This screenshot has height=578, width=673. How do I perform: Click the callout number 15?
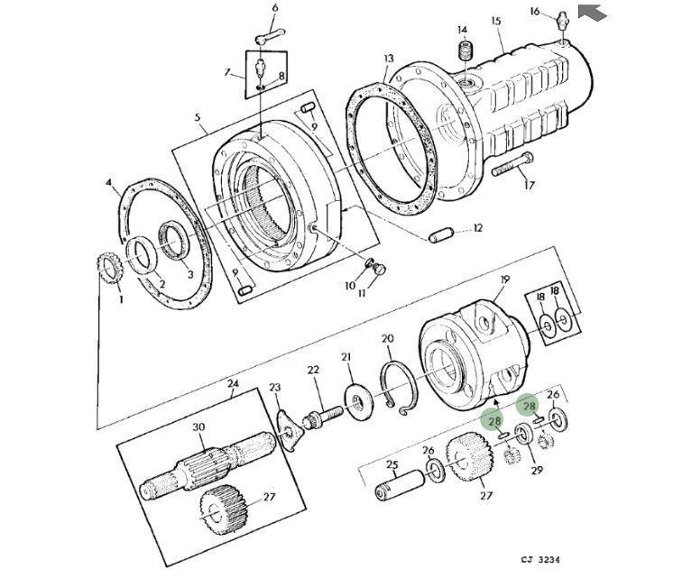pos(496,21)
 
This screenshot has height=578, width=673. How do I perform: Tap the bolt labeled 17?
pos(512,164)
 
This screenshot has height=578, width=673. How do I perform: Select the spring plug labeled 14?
pos(465,50)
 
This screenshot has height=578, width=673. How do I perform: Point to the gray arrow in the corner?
pos(592,12)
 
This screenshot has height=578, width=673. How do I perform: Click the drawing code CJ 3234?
pos(540,560)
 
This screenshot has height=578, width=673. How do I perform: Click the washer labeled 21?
pos(358,401)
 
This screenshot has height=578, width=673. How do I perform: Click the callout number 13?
pos(389,59)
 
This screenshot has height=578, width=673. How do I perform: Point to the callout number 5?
pos(198,117)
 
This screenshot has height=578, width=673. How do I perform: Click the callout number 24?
pos(233,382)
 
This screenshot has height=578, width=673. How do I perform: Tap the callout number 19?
pos(505,280)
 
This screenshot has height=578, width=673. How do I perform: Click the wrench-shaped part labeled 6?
pos(271,35)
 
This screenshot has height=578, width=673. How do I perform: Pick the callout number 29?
pos(537,471)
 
